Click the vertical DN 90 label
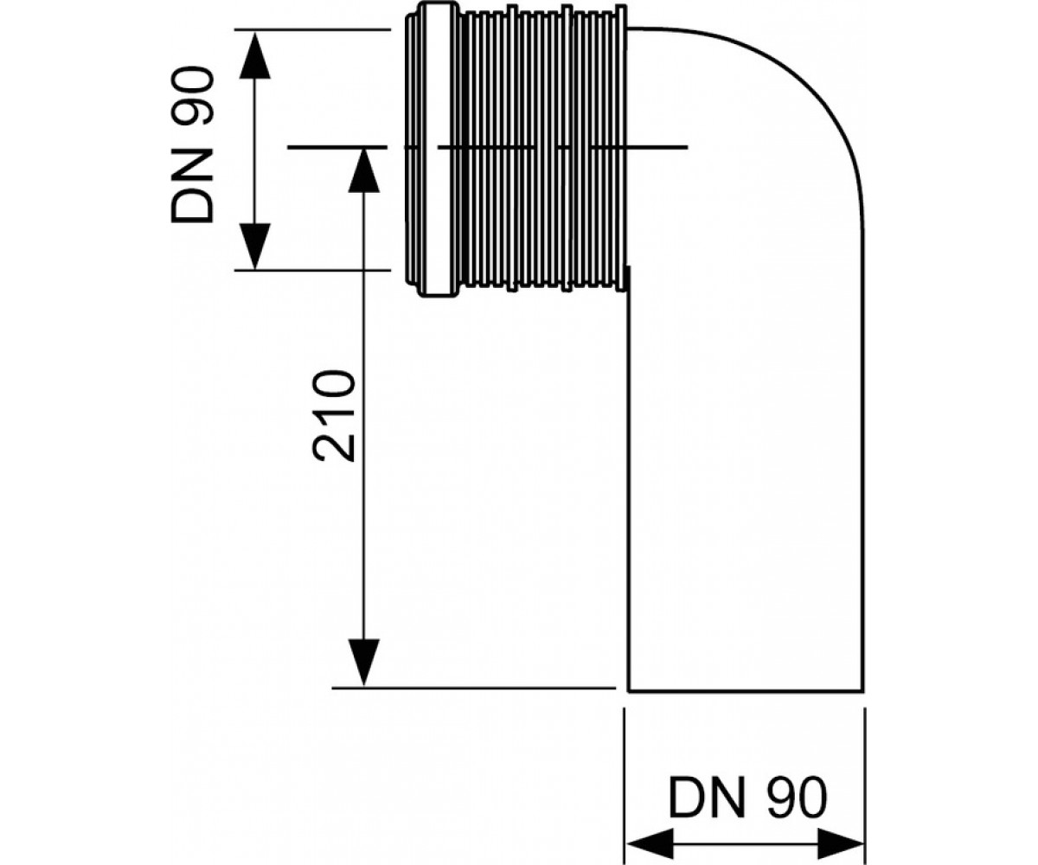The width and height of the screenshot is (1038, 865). coord(192,144)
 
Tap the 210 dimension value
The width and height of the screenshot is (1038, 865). coord(334,415)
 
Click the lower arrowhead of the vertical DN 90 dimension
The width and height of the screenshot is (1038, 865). coord(254,246)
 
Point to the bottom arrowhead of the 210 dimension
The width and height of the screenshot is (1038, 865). coord(364,661)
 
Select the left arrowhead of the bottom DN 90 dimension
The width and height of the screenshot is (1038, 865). coord(650,843)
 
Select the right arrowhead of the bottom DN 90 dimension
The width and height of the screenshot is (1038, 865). coord(840,843)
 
